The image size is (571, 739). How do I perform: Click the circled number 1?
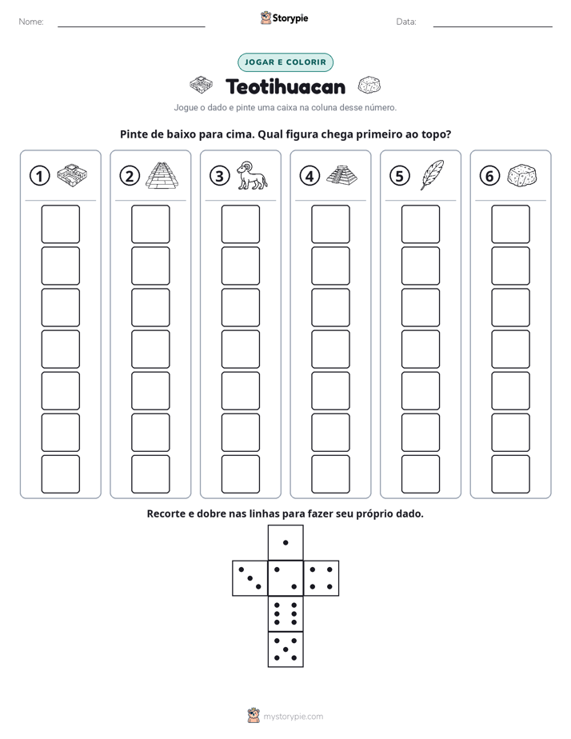tap(39, 176)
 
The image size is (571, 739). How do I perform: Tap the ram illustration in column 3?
tap(252, 175)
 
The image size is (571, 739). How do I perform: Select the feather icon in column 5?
tap(432, 175)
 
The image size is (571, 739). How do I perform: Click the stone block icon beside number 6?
tap(522, 175)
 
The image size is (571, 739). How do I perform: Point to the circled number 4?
tap(309, 176)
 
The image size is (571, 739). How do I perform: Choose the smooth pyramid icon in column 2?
tap(162, 175)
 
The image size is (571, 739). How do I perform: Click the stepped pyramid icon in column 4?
tap(341, 175)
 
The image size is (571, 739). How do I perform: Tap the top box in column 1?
tap(60, 224)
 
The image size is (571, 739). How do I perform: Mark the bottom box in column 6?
tap(510, 473)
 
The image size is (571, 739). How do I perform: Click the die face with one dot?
tap(285, 542)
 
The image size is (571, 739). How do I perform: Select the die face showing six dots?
tap(285, 613)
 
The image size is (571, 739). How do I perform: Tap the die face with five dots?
tap(285, 649)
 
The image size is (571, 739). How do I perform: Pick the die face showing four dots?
tap(321, 578)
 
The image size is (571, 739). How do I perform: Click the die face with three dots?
tap(250, 578)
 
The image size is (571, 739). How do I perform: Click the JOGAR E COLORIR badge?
tap(285, 62)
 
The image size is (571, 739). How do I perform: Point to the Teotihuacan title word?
tap(285, 86)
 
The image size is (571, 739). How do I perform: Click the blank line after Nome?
tap(131, 27)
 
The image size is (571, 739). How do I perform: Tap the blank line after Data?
tap(493, 27)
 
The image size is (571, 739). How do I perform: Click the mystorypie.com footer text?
tap(293, 717)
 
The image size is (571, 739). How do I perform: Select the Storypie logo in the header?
tap(285, 18)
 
